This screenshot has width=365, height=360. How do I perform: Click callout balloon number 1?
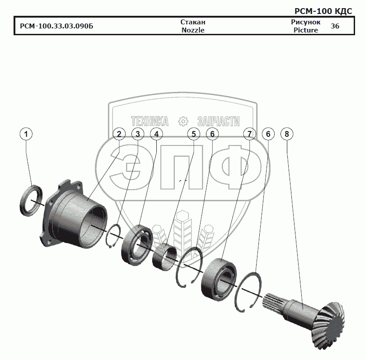point(26,134)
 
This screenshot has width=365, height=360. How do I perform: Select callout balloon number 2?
point(119,134)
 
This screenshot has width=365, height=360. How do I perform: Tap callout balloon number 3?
point(138,134)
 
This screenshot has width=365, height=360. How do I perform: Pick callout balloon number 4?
point(156,134)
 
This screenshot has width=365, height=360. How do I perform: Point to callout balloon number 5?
point(194,134)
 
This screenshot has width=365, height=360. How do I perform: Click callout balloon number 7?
point(249,134)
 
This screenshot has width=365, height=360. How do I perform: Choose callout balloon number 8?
point(287,134)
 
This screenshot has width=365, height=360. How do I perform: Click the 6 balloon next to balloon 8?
point(268,134)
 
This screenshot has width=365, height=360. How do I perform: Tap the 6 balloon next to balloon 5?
point(212,134)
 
